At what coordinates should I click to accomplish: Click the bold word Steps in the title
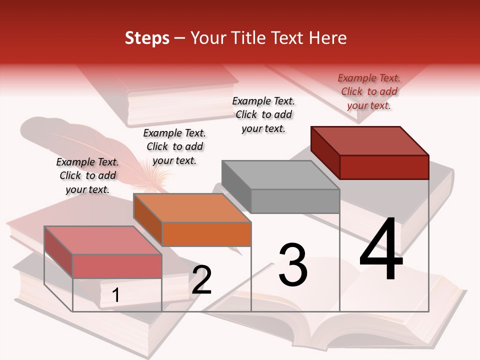[x=147, y=38]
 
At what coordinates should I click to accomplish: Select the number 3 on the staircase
[x=293, y=265]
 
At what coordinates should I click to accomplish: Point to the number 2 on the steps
[x=201, y=280]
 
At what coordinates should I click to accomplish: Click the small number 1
[x=116, y=295]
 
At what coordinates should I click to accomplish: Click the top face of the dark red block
[x=370, y=140]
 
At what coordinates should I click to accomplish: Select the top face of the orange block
[x=192, y=208]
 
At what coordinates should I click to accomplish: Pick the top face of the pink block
[x=103, y=240]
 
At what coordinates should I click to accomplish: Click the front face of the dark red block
[x=384, y=167]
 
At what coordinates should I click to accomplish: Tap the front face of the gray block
[x=295, y=201]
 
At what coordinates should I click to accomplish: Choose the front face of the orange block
[x=206, y=234]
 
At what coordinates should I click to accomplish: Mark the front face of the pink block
[x=117, y=266]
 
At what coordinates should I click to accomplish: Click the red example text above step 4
[x=369, y=91]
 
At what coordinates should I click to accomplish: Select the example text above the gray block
[x=263, y=114]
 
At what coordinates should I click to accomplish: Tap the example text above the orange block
[x=174, y=146]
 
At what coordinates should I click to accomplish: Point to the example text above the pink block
[x=87, y=175]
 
